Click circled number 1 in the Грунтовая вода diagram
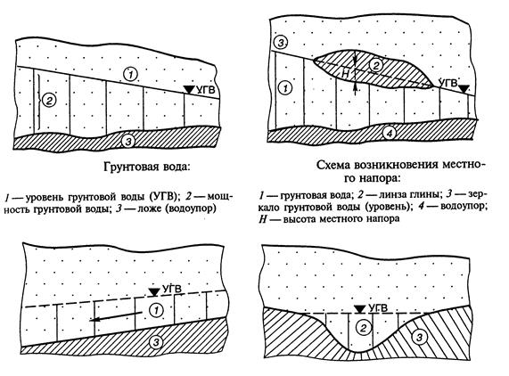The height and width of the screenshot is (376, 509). pyautogui.click(x=130, y=75)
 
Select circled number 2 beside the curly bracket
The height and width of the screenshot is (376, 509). pyautogui.click(x=49, y=101)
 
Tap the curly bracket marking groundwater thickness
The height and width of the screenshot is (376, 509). pyautogui.click(x=39, y=101)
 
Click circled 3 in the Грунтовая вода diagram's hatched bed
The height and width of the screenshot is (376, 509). pyautogui.click(x=129, y=141)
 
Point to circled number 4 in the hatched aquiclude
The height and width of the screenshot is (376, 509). pyautogui.click(x=390, y=133)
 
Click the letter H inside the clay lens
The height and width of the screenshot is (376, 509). pyautogui.click(x=346, y=74)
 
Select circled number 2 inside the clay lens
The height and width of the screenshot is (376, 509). pyautogui.click(x=375, y=66)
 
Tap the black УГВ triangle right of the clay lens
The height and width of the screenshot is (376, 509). pyautogui.click(x=465, y=88)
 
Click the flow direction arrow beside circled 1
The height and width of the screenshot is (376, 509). pyautogui.click(x=116, y=316)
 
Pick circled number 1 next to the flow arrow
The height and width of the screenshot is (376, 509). pyautogui.click(x=156, y=310)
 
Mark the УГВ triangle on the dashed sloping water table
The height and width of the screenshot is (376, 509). pyautogui.click(x=153, y=292)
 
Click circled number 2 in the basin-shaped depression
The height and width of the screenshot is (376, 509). pyautogui.click(x=363, y=328)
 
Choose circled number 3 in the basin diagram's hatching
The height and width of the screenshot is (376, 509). pyautogui.click(x=419, y=338)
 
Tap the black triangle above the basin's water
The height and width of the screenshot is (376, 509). pyautogui.click(x=359, y=309)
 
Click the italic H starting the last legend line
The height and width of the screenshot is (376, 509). pyautogui.click(x=263, y=218)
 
